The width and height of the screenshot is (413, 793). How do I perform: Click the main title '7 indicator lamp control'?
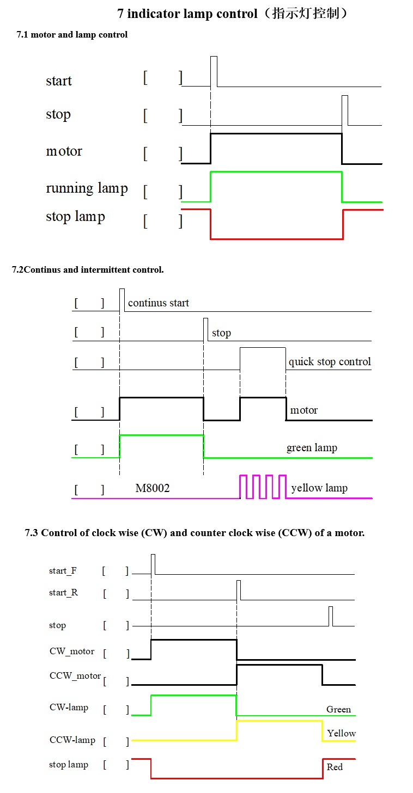[233, 14]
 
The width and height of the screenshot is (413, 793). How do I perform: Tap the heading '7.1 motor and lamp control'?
[72, 35]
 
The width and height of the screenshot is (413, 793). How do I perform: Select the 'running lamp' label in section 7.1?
[87, 188]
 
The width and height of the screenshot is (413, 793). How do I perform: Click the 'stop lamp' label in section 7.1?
[75, 217]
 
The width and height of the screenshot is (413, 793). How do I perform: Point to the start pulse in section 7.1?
[214, 71]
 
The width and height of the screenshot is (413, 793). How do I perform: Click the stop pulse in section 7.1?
[345, 110]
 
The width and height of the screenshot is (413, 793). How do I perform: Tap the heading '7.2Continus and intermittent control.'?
[88, 269]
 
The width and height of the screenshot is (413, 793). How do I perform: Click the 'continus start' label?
[158, 303]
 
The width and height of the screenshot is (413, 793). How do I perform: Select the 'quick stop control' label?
[330, 362]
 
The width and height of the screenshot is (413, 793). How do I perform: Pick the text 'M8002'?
[153, 488]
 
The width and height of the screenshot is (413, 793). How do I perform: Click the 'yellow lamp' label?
[319, 488]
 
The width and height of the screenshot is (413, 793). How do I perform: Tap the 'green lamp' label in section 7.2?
[312, 448]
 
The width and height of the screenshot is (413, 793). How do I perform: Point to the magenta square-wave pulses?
[263, 487]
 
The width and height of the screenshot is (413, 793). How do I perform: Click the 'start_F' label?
[63, 571]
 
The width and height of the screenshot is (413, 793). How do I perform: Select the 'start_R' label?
[63, 593]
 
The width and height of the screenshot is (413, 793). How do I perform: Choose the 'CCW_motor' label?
[75, 676]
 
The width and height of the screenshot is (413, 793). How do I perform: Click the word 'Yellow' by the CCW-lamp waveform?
[341, 733]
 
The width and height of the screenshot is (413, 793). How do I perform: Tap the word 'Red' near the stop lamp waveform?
[335, 767]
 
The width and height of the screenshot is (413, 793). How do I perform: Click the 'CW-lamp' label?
[69, 708]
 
